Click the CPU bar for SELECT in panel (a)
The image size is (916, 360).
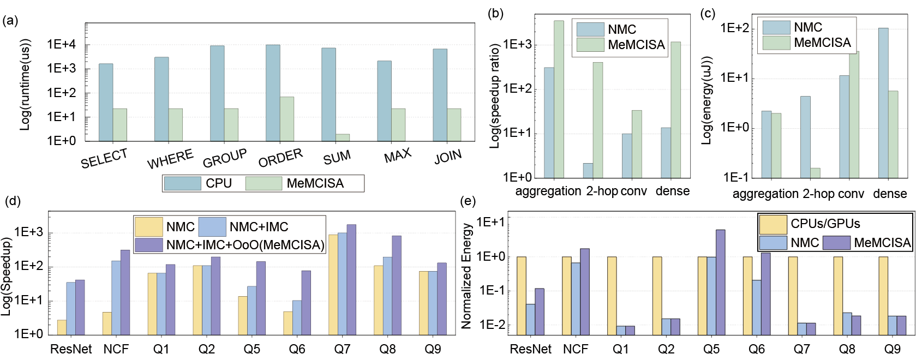coord(106,103)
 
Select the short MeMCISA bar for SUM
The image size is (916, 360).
coord(343,137)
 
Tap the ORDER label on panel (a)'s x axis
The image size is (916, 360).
coord(280,158)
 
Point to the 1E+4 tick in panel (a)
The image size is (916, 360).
coord(61,45)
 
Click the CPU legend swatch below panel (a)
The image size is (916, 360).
coord(182,183)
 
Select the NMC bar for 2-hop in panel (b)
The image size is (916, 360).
coord(588,171)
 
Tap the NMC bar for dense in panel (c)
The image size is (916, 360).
coord(883,103)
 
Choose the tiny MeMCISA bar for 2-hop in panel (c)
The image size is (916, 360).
coord(815,173)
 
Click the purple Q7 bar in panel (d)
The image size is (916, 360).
coord(351,279)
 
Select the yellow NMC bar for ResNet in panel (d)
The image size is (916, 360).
coord(62,327)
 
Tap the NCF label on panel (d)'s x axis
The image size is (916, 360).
coord(116,349)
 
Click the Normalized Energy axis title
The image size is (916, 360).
coord(466,275)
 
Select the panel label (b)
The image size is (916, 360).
coord(495,14)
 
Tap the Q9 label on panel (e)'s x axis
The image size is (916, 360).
coord(892,349)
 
